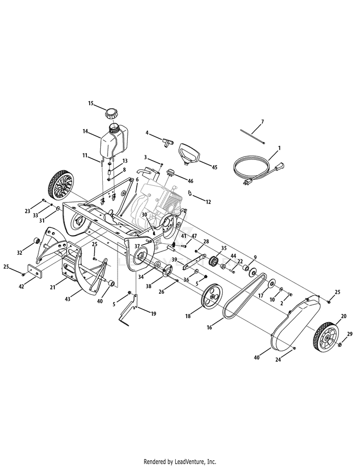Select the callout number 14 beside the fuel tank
click(x=85, y=131)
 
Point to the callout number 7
click(x=262, y=122)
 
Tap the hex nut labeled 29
click(x=340, y=345)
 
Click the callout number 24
click(x=278, y=359)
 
